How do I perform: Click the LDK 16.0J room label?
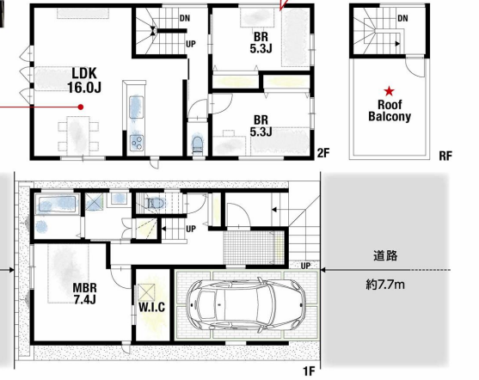[84, 80]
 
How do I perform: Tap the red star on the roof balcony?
[390, 91]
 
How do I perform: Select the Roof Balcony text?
[390, 111]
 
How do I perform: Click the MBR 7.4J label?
[85, 293]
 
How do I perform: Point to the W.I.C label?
[152, 307]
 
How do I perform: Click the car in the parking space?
[246, 304]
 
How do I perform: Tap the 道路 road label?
[385, 255]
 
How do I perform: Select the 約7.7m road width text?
[385, 285]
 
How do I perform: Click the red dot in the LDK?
[81, 107]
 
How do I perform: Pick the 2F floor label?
[323, 153]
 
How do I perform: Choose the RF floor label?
[445, 156]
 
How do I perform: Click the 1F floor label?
[309, 371]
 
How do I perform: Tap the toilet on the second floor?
[198, 145]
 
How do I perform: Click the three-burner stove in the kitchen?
[136, 142]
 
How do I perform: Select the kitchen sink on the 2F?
[136, 107]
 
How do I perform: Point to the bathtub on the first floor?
[57, 204]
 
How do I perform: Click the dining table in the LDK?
[78, 135]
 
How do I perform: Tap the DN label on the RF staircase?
[402, 19]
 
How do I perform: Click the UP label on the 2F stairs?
[191, 45]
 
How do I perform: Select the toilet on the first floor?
[156, 203]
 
